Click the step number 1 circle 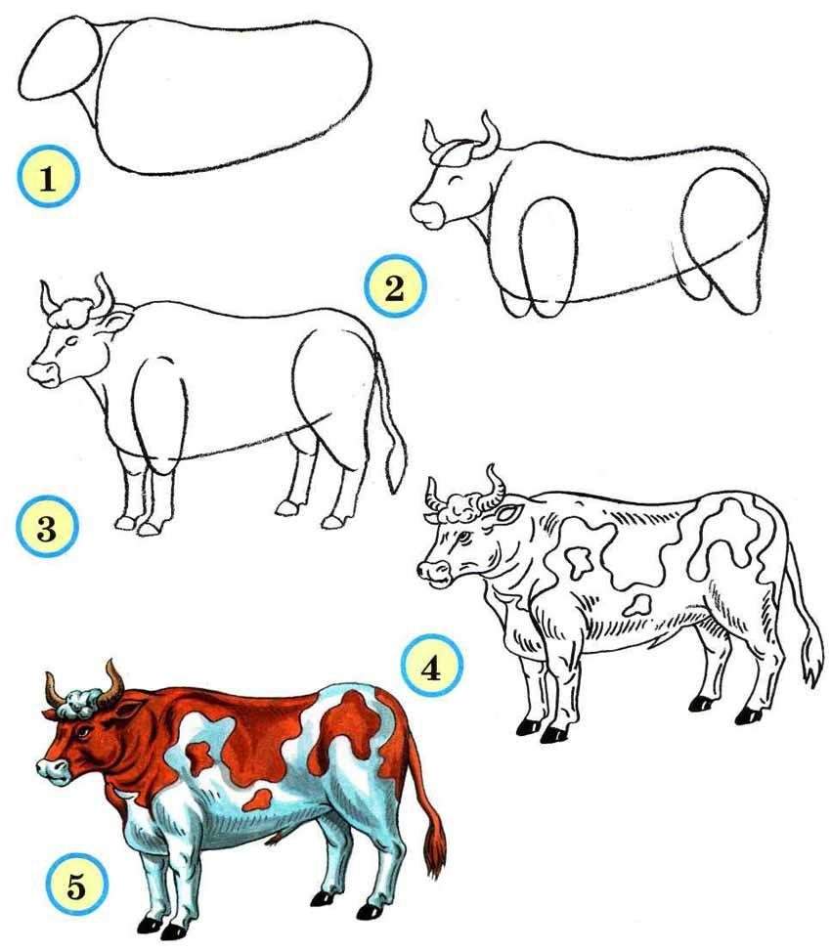[48, 177]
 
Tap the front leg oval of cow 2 [547, 255]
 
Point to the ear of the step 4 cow [508, 514]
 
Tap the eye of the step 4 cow [464, 537]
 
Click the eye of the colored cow [81, 733]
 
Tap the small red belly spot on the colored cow [257, 800]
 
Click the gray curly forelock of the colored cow [79, 704]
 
